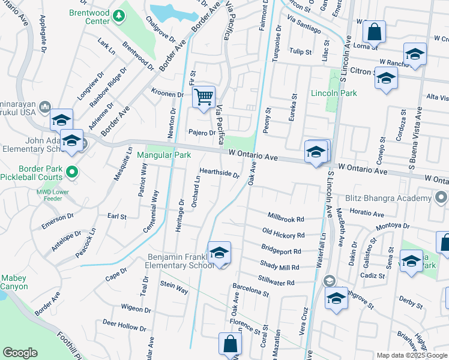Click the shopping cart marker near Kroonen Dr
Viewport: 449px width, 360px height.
coord(204,97)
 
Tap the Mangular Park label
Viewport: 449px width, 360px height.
coord(164,155)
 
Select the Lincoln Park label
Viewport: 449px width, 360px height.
coord(334,93)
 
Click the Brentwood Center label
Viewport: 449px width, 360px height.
coord(88,16)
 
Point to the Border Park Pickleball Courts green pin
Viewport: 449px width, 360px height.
coord(71,173)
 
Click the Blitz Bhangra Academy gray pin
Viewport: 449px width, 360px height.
coord(441,197)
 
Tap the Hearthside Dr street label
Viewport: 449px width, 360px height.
coord(219,173)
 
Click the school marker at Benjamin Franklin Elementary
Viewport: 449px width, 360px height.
coord(219,253)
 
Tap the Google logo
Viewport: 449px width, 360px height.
coord(20,353)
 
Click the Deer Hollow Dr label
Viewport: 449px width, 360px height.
coord(124,325)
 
